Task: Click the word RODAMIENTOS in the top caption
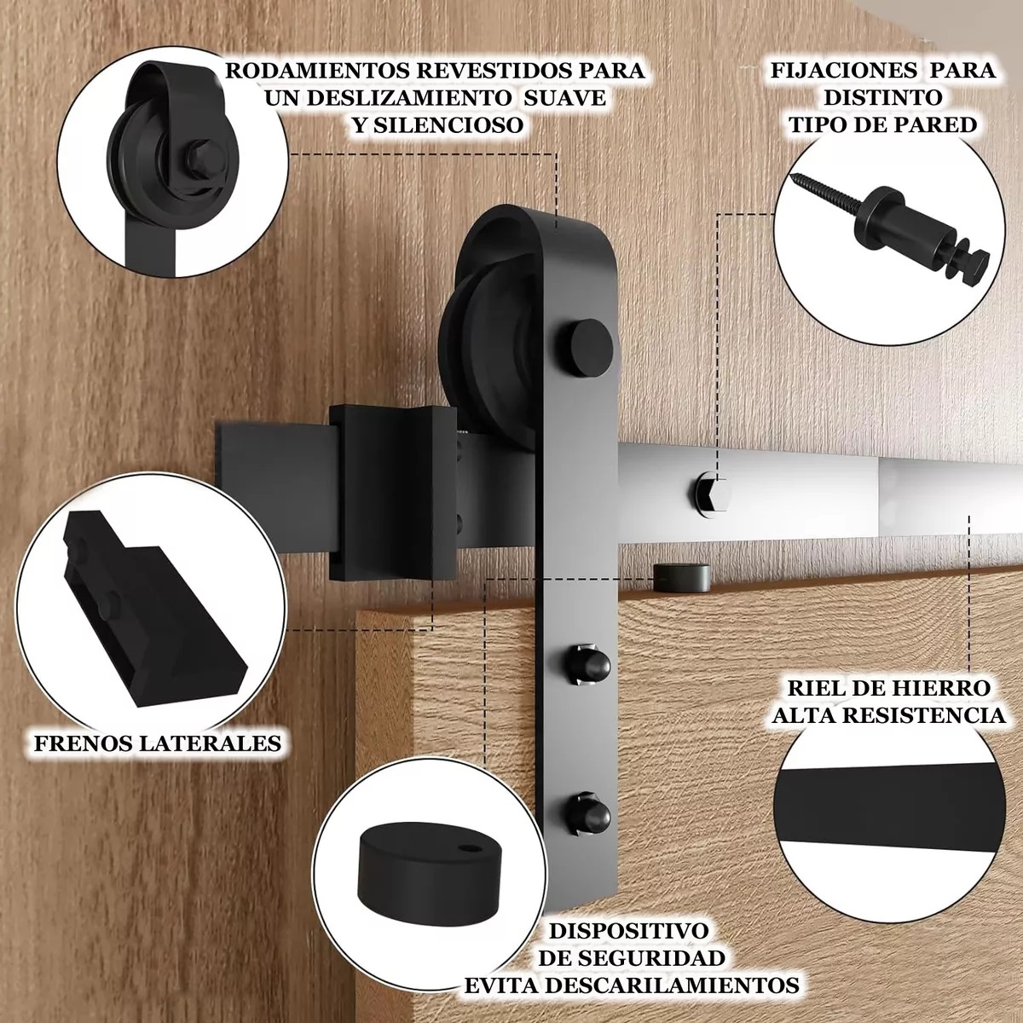point(314,71)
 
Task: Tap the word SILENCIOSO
point(448,125)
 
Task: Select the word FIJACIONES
point(844,70)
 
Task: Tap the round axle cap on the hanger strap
point(584,348)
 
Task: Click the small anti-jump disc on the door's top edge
point(681,578)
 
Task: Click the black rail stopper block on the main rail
point(392,494)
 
